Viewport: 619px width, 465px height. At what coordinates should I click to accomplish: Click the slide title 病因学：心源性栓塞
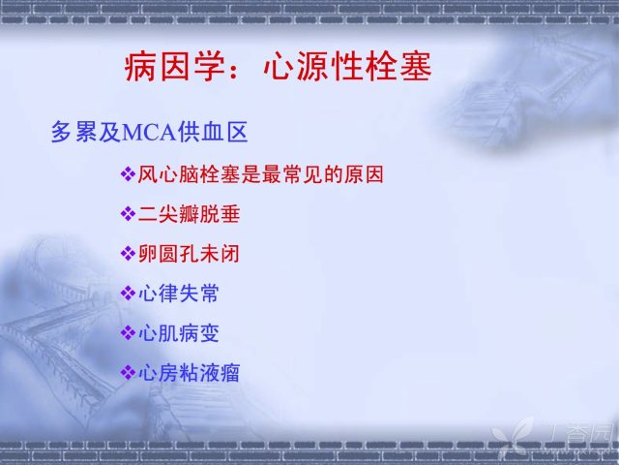278,67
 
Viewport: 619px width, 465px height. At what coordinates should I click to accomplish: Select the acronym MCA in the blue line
149,133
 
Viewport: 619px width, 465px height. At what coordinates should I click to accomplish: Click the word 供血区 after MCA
212,132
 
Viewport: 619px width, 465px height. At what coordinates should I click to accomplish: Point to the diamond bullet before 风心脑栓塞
128,174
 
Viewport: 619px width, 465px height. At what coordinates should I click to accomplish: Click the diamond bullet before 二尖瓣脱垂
128,214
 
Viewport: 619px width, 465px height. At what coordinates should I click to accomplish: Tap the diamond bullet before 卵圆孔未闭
128,254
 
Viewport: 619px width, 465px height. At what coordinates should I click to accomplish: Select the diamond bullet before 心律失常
128,293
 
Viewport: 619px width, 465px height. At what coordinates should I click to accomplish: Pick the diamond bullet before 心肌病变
128,332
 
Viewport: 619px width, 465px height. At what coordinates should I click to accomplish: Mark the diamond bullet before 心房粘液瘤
128,372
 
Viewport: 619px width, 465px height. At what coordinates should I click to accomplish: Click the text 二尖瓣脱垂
190,214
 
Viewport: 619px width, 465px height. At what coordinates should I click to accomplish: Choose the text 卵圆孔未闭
190,254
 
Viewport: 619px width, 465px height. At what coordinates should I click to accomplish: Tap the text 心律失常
179,293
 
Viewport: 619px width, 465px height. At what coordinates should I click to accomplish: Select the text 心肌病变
179,332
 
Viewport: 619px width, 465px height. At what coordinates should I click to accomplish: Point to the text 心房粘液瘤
190,372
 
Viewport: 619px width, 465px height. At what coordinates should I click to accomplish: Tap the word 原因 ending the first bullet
364,174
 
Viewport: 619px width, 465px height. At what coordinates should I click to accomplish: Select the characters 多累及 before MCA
86,132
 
